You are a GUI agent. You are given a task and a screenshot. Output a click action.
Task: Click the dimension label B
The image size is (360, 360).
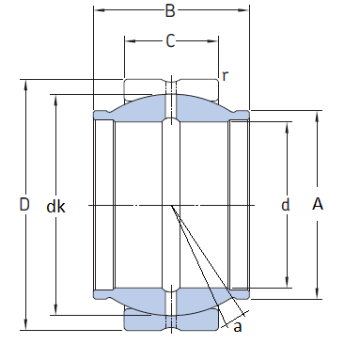tap(170, 10)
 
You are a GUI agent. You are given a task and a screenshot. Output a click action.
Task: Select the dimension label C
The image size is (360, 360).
tap(170, 41)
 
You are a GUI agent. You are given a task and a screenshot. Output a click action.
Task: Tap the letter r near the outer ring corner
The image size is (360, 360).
tap(225, 75)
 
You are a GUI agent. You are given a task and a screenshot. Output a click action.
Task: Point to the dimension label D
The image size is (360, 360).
tap(24, 204)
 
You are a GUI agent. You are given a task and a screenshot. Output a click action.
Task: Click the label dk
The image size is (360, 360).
tap(55, 207)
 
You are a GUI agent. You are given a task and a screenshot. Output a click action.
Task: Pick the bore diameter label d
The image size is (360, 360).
tap(286, 205)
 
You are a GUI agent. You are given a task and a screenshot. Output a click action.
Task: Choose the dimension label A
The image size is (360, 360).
tap(318, 204)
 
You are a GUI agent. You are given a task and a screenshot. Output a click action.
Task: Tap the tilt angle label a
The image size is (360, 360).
tap(238, 326)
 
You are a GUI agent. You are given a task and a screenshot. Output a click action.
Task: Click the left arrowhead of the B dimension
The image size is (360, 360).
tap(100, 10)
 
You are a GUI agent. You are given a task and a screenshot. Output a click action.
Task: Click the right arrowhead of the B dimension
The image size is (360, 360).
tap(243, 10)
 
